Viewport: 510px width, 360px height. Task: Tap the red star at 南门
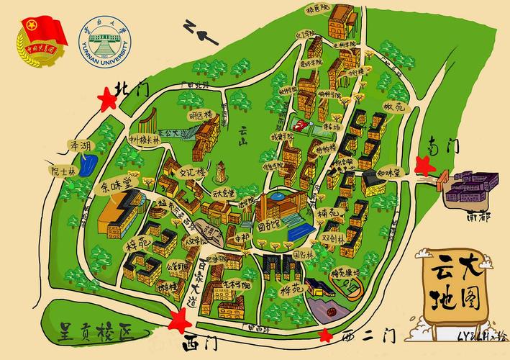click(427, 165)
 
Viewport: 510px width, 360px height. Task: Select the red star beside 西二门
click(327, 335)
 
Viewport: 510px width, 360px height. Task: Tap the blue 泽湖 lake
click(86, 168)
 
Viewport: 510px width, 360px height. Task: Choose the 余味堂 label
click(116, 186)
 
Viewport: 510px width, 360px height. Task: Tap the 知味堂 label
click(388, 173)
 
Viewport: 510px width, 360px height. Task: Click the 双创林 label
click(332, 237)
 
